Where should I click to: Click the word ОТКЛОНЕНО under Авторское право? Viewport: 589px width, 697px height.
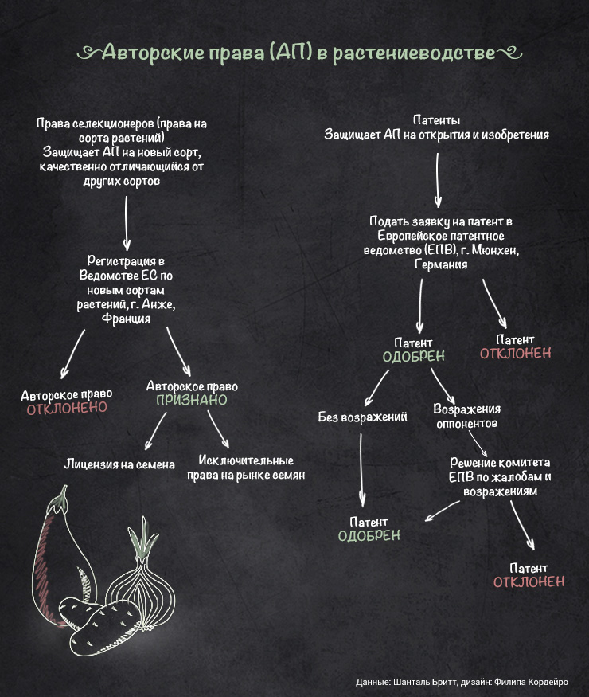click(67, 409)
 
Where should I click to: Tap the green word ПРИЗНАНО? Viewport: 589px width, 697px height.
click(191, 400)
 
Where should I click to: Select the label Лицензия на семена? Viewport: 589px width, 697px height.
click(119, 464)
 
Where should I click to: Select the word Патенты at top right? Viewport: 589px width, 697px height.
click(436, 120)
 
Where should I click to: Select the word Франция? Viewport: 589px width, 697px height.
click(127, 318)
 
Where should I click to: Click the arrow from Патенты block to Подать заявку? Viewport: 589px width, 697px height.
click(437, 179)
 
